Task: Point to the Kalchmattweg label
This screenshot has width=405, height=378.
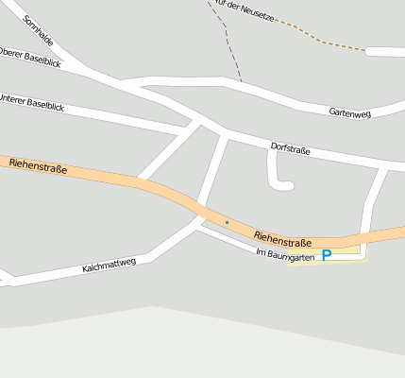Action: (x=109, y=265)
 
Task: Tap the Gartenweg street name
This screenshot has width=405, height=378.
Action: (x=349, y=112)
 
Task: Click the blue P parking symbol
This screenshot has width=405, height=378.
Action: (x=327, y=255)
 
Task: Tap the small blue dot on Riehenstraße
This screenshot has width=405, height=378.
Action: (x=227, y=222)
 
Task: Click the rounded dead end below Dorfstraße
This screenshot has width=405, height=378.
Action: (x=280, y=184)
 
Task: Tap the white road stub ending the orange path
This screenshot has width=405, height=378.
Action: (x=385, y=51)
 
